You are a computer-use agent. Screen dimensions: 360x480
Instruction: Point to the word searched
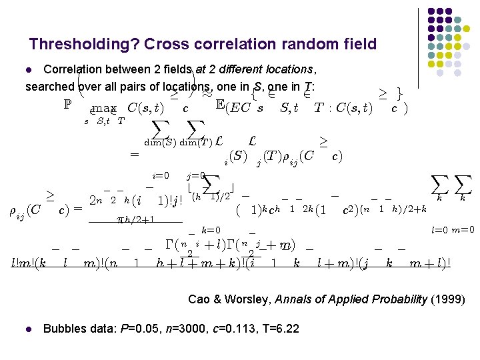pyautogui.click(x=49, y=87)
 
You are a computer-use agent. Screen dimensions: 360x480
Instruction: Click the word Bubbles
pyautogui.click(x=65, y=329)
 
